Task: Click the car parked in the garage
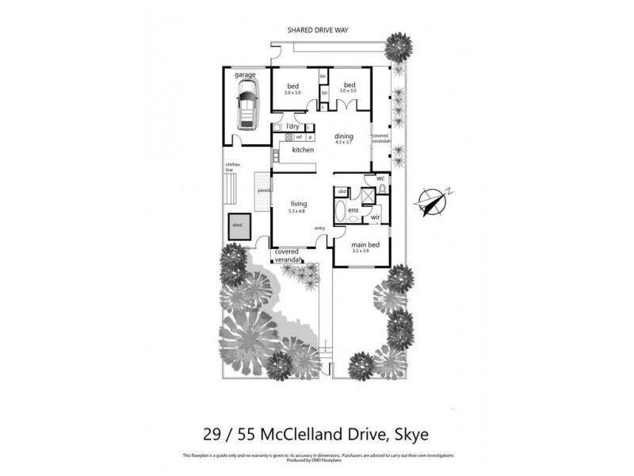[x=247, y=106]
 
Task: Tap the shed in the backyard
[x=237, y=225]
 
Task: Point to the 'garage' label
[x=245, y=75]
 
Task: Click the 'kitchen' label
[x=303, y=150]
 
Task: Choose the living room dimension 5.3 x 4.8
[x=298, y=211]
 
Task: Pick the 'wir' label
[x=376, y=217]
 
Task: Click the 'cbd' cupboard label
[x=342, y=192]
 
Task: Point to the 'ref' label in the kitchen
[x=299, y=137]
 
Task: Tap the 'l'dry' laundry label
[x=292, y=127]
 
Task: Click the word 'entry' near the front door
[x=320, y=228]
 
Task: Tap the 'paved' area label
[x=262, y=190]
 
